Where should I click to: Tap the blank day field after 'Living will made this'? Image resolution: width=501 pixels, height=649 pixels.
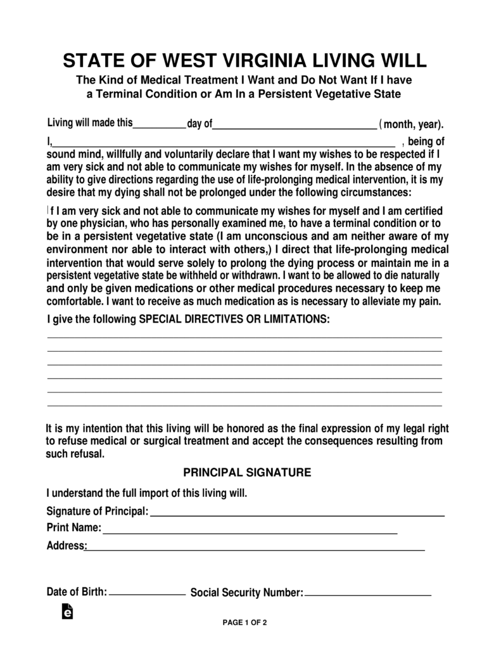159,126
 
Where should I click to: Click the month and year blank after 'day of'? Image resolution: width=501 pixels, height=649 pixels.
295,126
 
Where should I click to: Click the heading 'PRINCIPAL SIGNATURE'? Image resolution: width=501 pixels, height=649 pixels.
247,472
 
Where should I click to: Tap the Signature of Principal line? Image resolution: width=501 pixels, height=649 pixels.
297,515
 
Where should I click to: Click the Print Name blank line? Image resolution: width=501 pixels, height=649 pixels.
250,532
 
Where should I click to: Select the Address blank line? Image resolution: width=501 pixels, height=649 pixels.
255,549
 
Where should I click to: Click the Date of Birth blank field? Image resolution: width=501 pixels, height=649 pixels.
147,594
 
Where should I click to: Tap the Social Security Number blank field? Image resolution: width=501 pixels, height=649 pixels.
367,595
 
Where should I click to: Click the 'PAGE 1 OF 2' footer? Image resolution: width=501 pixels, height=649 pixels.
244,622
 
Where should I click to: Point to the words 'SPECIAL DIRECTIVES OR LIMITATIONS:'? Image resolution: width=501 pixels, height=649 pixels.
234,319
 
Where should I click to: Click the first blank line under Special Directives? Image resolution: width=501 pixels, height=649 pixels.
244,337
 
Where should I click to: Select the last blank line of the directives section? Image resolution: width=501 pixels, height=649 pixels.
244,404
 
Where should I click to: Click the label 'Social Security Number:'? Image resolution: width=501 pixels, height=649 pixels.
247,593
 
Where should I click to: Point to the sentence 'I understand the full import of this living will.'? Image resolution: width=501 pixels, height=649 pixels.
147,492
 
